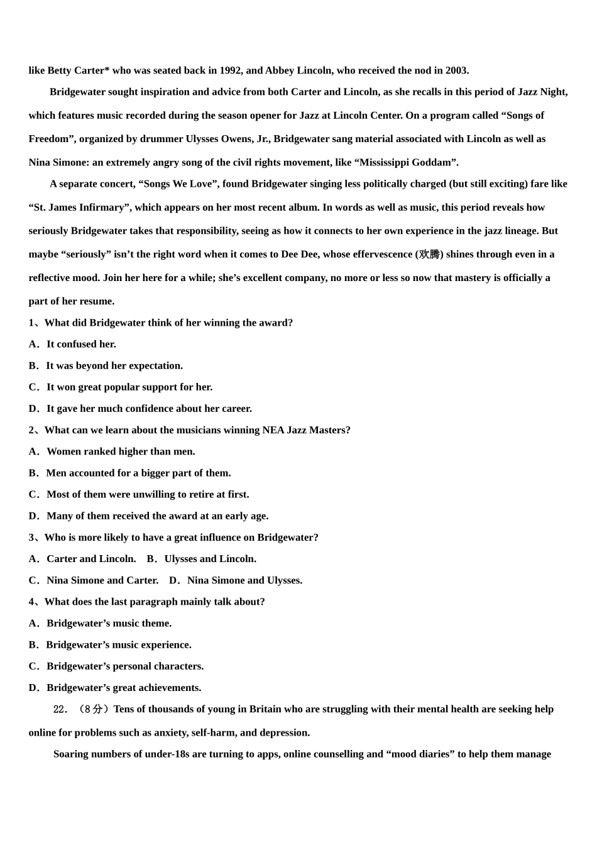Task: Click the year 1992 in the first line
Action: click(231, 70)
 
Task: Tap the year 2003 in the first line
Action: click(456, 70)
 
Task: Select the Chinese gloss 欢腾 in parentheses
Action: click(430, 255)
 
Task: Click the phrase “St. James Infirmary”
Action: click(79, 207)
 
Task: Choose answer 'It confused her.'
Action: click(81, 344)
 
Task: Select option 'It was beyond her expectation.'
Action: click(114, 365)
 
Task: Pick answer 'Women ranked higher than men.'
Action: click(121, 451)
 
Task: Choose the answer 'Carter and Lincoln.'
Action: click(91, 558)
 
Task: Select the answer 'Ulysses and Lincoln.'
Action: click(210, 558)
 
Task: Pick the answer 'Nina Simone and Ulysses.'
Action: click(244, 580)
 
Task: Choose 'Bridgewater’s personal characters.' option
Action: click(125, 666)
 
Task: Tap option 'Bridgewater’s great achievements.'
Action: click(124, 687)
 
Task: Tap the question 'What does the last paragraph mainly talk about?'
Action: click(155, 602)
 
